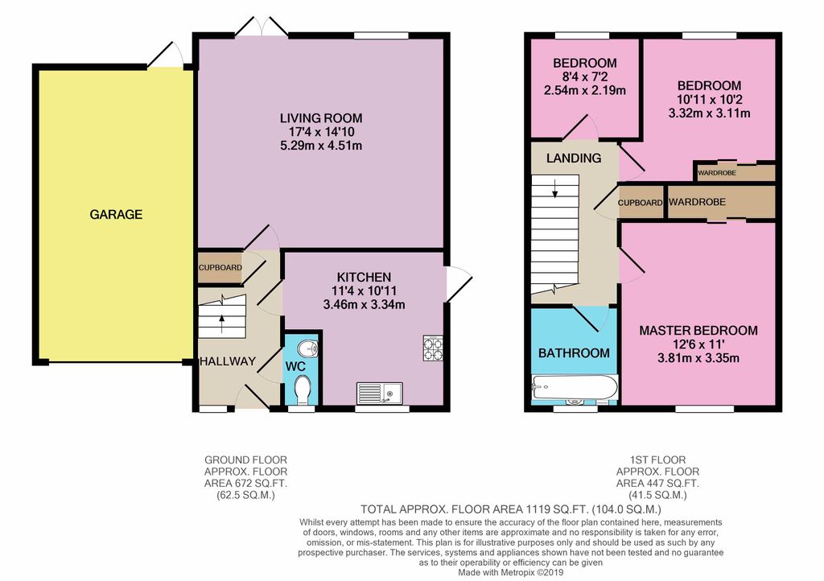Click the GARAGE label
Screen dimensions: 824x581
pos(116,214)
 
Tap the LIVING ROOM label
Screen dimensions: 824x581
pos(321,118)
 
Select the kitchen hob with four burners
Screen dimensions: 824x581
pos(432,348)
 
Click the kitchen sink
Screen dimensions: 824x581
pos(380,393)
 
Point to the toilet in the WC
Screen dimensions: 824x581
pos(302,389)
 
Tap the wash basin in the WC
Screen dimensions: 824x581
pos(307,348)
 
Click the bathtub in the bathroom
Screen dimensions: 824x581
pos(575,387)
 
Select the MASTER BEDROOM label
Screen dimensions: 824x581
pos(698,331)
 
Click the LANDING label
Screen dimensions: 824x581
pos(574,158)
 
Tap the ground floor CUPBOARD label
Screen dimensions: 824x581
pos(220,267)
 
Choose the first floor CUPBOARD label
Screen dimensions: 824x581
pos(640,203)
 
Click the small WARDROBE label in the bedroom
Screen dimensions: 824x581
pos(717,172)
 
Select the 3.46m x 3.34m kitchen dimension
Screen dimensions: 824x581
pos(365,305)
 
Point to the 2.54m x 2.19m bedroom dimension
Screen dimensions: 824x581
pos(585,90)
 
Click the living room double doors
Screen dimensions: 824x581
pos(262,27)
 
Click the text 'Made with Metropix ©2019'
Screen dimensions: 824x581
pos(511,573)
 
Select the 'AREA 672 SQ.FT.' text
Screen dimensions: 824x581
pos(246,484)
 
